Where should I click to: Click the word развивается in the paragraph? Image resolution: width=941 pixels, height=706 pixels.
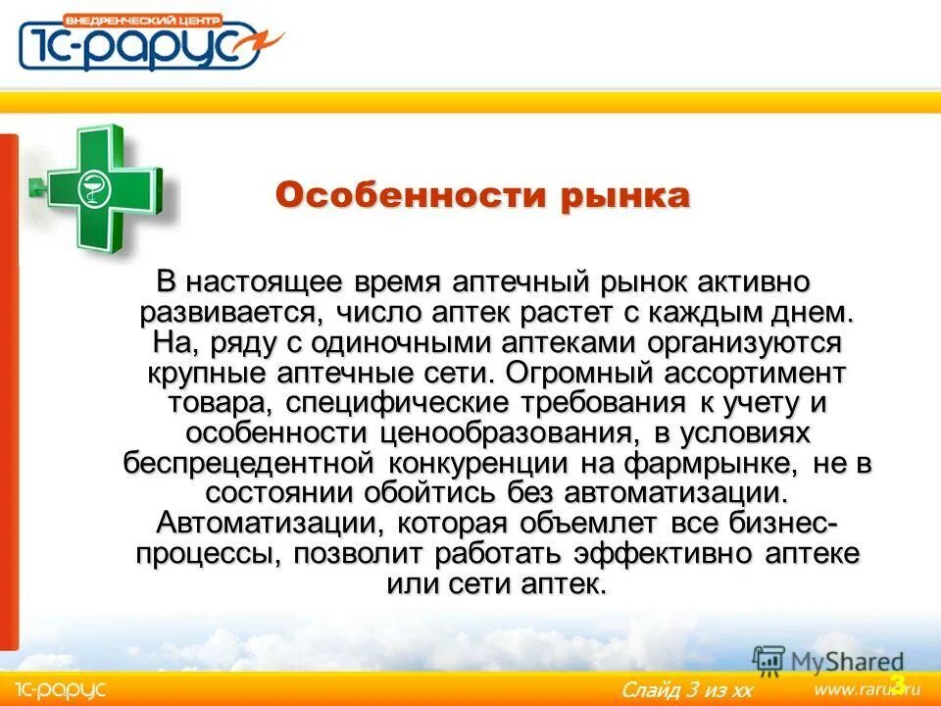pyautogui.click(x=223, y=314)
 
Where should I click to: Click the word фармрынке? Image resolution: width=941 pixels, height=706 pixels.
pyautogui.click(x=724, y=463)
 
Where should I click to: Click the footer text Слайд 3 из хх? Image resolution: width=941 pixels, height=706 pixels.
pyautogui.click(x=686, y=690)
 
